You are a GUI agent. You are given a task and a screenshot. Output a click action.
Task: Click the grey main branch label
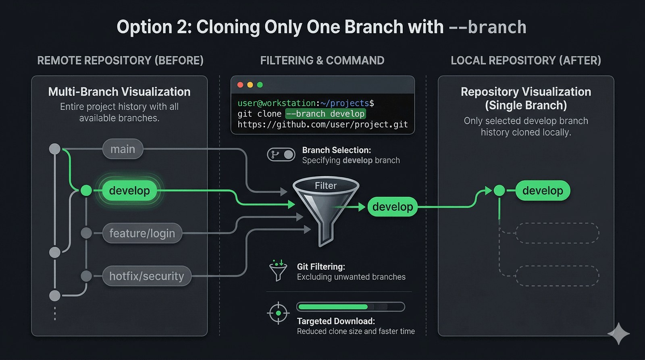(x=123, y=149)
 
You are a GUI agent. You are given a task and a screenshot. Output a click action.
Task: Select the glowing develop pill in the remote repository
(x=129, y=190)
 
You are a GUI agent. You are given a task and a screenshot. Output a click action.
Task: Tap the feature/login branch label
(x=142, y=233)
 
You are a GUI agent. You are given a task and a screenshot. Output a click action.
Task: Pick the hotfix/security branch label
(x=147, y=276)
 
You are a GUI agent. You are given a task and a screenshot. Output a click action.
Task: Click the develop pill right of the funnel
(x=393, y=207)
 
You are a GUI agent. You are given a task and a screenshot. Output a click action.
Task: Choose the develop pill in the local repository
(x=543, y=190)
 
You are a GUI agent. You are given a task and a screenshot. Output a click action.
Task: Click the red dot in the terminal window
(x=240, y=85)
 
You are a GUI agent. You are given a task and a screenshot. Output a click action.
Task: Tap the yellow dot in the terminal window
(x=250, y=85)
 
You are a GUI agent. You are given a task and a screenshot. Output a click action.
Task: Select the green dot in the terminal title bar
(x=260, y=85)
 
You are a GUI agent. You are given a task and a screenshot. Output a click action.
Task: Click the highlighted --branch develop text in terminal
(x=325, y=114)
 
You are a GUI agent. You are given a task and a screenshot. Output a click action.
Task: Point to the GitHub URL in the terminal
(x=322, y=125)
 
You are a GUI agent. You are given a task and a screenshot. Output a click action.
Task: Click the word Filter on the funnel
(x=325, y=185)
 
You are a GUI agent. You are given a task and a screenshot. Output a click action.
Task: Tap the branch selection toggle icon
(x=281, y=155)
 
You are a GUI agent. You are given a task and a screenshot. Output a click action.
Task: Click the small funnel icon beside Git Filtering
(x=278, y=271)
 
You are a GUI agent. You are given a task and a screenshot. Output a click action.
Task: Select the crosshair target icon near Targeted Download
(x=278, y=313)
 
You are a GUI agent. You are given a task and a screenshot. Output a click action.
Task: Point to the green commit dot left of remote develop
(x=86, y=190)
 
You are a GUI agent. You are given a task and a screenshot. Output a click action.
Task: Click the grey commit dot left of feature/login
(x=86, y=233)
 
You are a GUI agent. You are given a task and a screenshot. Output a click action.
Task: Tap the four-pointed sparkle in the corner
(x=618, y=333)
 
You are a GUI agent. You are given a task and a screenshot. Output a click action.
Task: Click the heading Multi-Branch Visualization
(x=119, y=92)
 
